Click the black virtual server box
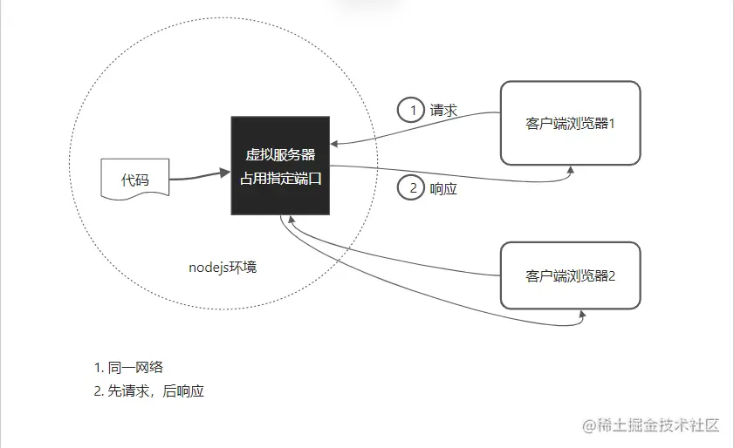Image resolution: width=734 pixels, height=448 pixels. (279, 166)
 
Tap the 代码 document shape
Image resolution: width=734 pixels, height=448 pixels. (134, 180)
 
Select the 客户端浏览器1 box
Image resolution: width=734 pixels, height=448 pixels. (570, 123)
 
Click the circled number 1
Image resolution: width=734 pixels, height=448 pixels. (409, 111)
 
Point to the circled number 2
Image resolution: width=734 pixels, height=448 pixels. (409, 187)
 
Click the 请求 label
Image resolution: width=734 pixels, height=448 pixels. (444, 111)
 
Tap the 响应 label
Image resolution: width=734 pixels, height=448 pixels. (444, 188)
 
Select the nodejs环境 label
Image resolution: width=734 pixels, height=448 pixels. (223, 267)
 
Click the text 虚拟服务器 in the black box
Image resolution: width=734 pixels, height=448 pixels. (279, 154)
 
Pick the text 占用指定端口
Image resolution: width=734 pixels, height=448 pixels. (279, 179)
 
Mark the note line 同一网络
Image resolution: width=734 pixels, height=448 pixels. (128, 367)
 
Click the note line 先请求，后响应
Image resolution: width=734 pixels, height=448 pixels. (148, 391)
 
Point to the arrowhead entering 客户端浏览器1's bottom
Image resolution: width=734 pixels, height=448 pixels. (572, 171)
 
